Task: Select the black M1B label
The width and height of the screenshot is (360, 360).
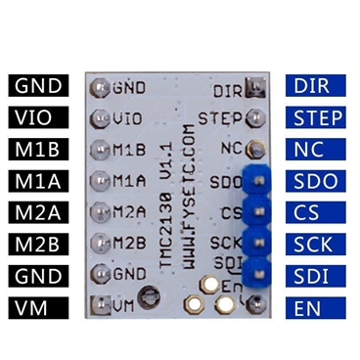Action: click(39, 150)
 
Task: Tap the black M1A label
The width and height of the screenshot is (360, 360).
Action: click(39, 182)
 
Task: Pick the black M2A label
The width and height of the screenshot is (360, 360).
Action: click(39, 214)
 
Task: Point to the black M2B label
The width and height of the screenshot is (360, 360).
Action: click(39, 246)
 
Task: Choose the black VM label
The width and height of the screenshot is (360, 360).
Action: click(39, 309)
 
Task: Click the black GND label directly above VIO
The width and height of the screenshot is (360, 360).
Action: click(39, 86)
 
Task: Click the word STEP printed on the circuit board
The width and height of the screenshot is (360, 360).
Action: click(219, 119)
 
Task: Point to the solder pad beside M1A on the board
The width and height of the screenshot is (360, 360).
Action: click(99, 182)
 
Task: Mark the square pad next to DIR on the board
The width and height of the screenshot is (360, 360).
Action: click(253, 90)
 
